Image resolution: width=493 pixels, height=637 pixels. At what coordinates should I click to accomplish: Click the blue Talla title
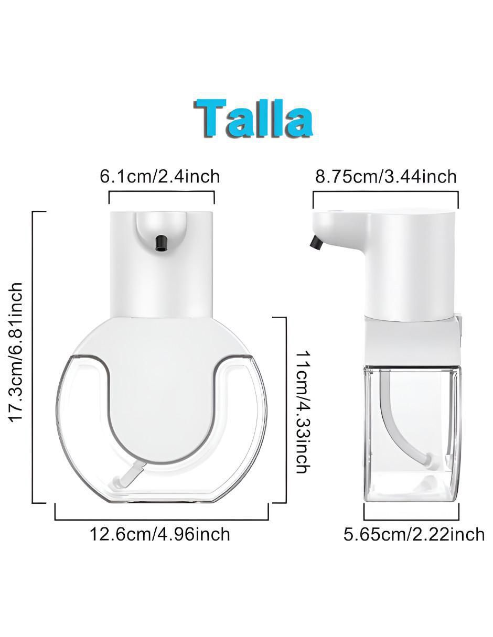point(253,118)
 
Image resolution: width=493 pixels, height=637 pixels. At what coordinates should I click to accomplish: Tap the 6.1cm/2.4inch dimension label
point(160,177)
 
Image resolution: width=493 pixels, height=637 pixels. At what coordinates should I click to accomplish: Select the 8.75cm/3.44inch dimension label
point(386,177)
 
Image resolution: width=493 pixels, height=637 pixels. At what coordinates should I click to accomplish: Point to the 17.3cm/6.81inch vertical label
point(16,352)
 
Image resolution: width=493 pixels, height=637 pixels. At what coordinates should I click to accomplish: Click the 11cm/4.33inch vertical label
point(303,409)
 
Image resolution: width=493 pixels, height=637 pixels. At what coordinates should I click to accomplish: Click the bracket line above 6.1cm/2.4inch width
point(162,192)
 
